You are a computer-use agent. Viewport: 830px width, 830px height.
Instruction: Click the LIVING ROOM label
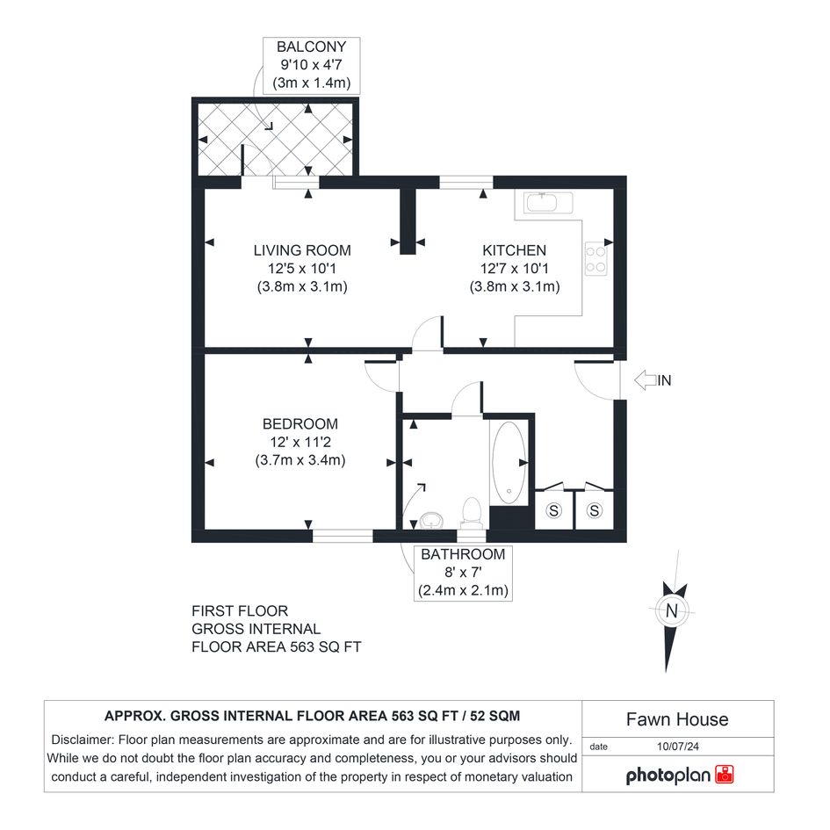click(302, 250)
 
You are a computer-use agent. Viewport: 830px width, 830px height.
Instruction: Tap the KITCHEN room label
click(514, 250)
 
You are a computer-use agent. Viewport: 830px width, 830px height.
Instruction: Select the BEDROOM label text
click(300, 424)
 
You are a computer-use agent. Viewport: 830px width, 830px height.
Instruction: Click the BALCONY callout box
click(312, 65)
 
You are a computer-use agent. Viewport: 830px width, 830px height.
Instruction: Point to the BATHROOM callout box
click(463, 574)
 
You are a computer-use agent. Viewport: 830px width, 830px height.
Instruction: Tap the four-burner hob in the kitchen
click(595, 259)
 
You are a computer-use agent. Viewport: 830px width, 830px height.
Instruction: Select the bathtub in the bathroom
click(509, 462)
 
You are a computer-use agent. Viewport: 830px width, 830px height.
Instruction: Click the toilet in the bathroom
click(471, 512)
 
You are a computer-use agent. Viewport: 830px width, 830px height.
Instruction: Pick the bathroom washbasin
click(431, 520)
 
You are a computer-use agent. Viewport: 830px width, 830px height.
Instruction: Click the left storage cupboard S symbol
click(553, 510)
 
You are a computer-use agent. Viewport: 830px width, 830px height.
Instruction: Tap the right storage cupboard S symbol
click(595, 510)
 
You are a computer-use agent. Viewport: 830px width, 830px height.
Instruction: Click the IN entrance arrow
click(646, 380)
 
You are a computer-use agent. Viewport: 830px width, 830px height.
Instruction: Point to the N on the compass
click(672, 610)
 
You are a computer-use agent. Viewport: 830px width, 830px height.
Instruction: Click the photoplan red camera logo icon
click(724, 774)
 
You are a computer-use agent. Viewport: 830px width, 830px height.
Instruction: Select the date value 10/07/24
click(677, 747)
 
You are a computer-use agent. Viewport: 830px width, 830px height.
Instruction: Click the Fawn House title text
click(677, 719)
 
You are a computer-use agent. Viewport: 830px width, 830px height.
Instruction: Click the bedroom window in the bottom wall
click(343, 535)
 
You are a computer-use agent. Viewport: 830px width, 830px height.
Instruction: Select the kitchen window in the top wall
click(466, 182)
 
